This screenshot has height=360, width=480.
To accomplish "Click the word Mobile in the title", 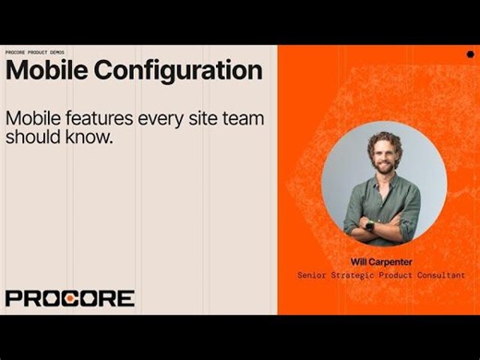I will (46, 71).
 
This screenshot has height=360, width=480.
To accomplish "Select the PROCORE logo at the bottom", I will (69, 298).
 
